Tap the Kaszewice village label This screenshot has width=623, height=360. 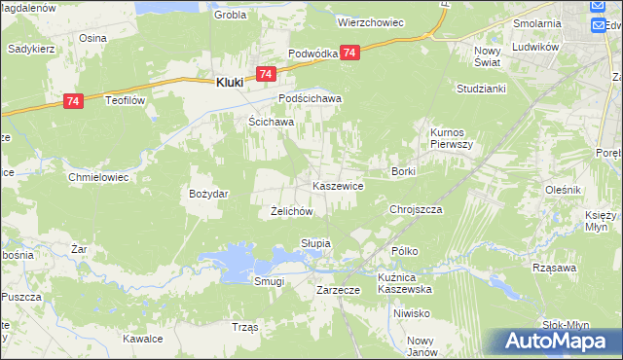coord(338,185)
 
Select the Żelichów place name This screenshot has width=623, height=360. coord(290,211)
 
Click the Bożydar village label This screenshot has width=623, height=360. coord(208,194)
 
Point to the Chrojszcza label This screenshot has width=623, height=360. coord(416,209)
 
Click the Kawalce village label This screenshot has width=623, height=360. coord(141,339)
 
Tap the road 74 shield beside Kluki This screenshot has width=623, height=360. coord(266,74)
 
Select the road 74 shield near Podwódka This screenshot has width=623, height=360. coord(350,53)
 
